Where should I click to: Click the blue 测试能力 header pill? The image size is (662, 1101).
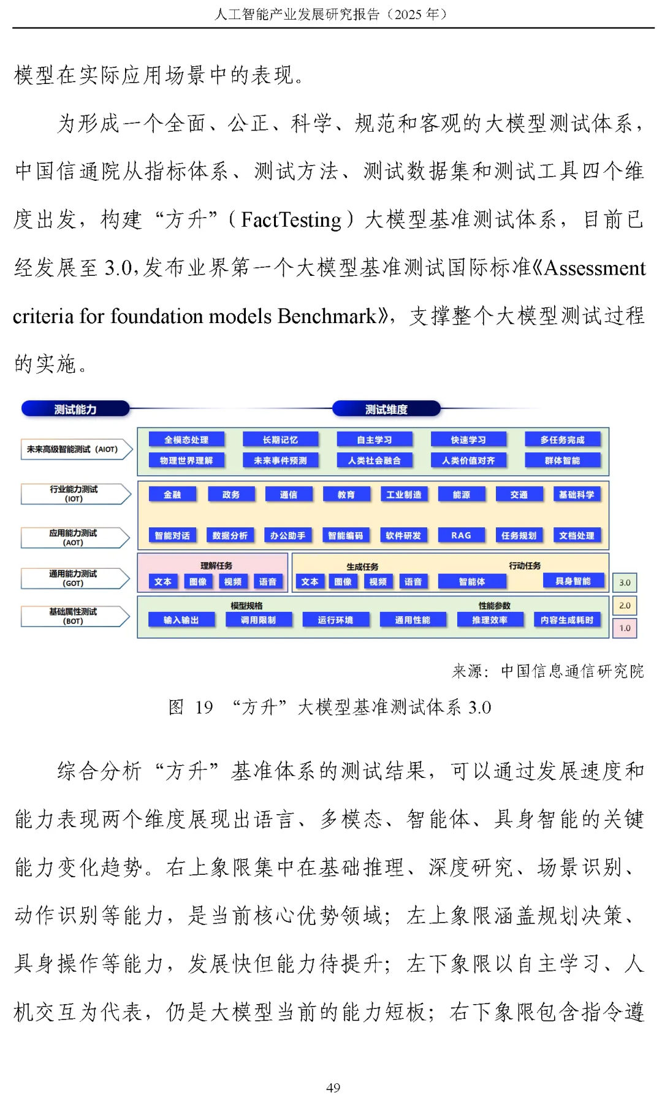point(75,409)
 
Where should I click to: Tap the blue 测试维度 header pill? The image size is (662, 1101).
point(386,409)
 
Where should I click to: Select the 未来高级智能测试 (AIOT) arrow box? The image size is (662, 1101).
point(75,449)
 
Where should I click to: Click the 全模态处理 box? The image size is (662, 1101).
point(186,440)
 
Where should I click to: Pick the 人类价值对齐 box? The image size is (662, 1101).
point(468,460)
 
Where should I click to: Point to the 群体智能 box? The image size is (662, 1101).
point(562,460)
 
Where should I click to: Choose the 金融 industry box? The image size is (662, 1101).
point(172,495)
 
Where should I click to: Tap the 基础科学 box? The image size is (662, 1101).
point(576,495)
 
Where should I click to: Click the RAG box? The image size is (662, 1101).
point(461,535)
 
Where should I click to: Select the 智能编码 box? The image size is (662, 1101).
point(346,535)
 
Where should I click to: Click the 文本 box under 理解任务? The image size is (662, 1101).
point(163,582)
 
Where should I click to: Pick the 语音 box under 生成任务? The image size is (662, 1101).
point(413,582)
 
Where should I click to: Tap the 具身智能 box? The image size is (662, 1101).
point(573,581)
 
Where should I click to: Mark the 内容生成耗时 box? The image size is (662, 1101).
point(567,620)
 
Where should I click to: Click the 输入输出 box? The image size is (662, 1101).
point(181,620)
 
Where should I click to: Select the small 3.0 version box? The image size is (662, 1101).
point(625,582)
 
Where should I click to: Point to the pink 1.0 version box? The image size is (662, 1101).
point(625,628)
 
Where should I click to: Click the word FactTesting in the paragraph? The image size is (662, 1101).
point(291,219)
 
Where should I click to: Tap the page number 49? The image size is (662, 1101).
point(333,1088)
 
